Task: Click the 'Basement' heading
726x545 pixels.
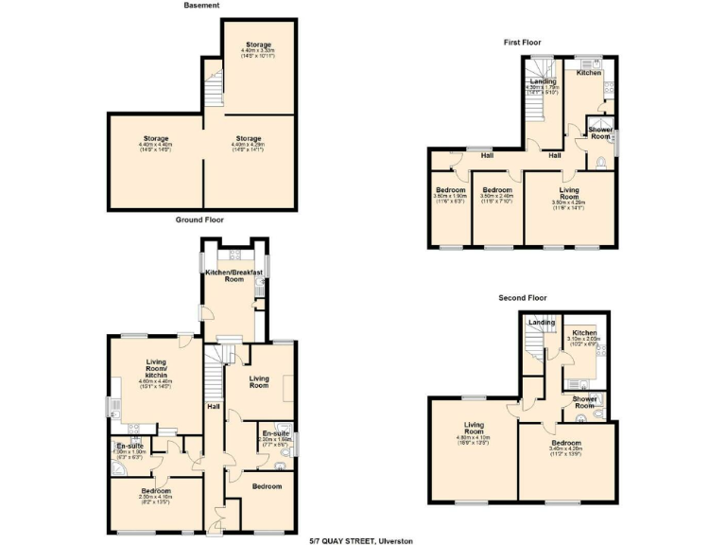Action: [201, 6]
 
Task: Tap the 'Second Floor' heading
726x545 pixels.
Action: [523, 298]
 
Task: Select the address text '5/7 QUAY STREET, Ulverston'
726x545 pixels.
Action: [362, 539]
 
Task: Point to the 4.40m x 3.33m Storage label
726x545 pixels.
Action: [259, 49]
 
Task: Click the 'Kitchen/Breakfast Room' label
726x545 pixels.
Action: [233, 276]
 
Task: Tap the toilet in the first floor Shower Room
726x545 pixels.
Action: [603, 162]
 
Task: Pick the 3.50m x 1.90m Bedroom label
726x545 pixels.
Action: [450, 195]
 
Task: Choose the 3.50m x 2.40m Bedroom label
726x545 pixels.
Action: [497, 195]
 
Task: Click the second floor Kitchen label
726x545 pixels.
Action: [583, 336]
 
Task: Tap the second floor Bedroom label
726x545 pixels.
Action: [566, 448]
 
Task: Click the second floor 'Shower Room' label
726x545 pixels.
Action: [586, 403]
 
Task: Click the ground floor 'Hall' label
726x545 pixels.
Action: [215, 408]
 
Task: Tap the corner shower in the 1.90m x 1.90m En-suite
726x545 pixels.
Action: [118, 466]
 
